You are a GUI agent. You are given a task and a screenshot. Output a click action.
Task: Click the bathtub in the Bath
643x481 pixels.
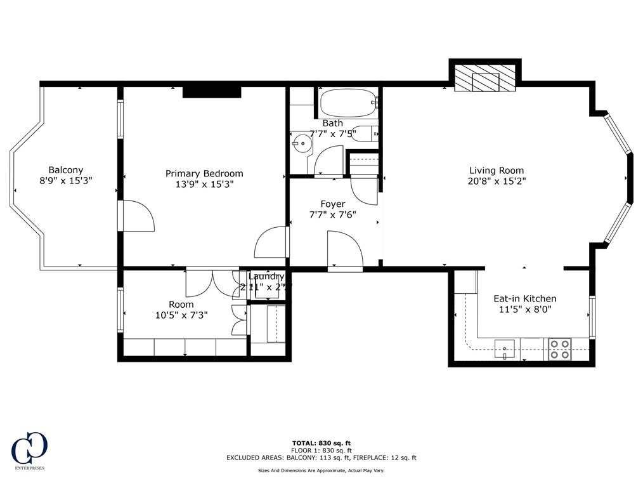coord(347,103)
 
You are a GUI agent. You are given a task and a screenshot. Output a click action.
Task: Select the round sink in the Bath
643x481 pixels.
coord(302,143)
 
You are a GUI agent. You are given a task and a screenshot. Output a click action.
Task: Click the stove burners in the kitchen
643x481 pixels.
coord(559,349)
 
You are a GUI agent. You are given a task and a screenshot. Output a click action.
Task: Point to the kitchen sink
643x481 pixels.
coord(505,348)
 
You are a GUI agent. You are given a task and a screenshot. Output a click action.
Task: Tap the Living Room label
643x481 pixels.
coord(497,170)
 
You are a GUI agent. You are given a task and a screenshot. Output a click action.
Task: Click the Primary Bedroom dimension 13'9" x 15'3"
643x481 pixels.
coord(204,184)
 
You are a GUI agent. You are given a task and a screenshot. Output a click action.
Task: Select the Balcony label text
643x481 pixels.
coord(66,169)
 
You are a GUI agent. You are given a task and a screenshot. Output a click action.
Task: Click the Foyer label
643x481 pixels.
coord(333,204)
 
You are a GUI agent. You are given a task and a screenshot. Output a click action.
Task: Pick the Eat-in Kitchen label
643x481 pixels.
coord(525,298)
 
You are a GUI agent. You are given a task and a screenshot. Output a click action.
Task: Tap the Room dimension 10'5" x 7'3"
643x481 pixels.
coord(181,315)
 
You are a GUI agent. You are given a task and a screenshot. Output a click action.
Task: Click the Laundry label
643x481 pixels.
coord(266,277)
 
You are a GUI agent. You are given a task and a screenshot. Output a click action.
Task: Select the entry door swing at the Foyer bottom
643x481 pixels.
coord(344,250)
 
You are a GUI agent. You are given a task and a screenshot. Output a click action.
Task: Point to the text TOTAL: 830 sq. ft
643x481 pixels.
coord(321,443)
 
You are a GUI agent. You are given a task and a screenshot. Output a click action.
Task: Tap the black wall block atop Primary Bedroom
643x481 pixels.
coord(212,92)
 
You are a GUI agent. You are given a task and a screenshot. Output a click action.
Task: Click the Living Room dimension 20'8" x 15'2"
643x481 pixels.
coord(497,181)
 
